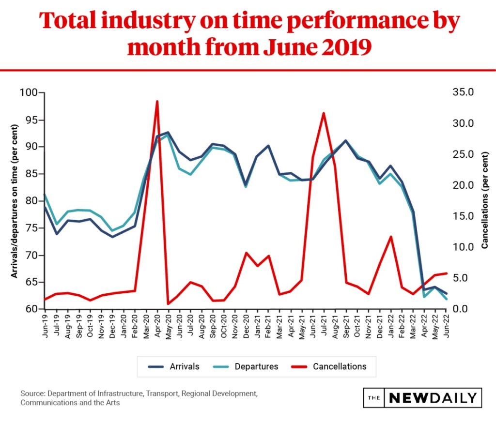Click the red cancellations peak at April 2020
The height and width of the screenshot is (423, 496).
point(157,101)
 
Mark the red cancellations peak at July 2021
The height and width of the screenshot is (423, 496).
point(324,113)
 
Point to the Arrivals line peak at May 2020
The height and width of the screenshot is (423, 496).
point(168,132)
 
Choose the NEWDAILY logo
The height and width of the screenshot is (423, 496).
point(422,398)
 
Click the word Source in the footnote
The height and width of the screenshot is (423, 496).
point(31,393)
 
